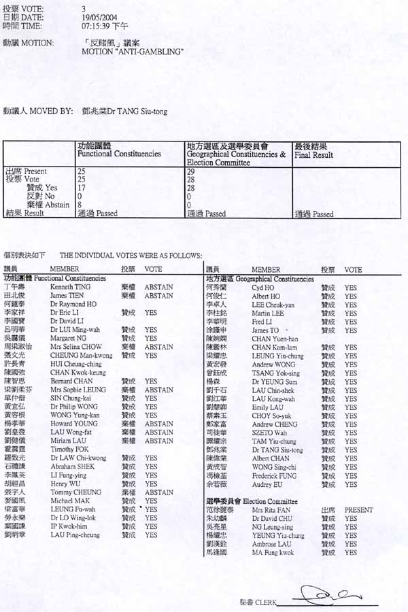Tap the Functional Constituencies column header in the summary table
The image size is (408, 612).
[119, 154]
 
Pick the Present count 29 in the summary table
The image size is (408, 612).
[191, 171]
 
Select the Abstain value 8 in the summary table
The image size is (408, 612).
[80, 205]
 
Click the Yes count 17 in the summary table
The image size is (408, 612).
[82, 188]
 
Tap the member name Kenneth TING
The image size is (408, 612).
[67, 288]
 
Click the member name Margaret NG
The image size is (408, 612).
[66, 338]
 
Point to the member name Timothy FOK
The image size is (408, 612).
[67, 449]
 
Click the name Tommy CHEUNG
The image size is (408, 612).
[69, 492]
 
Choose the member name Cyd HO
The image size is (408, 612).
[262, 288]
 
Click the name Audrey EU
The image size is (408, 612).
[265, 485]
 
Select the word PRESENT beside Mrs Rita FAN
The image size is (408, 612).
[358, 509]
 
